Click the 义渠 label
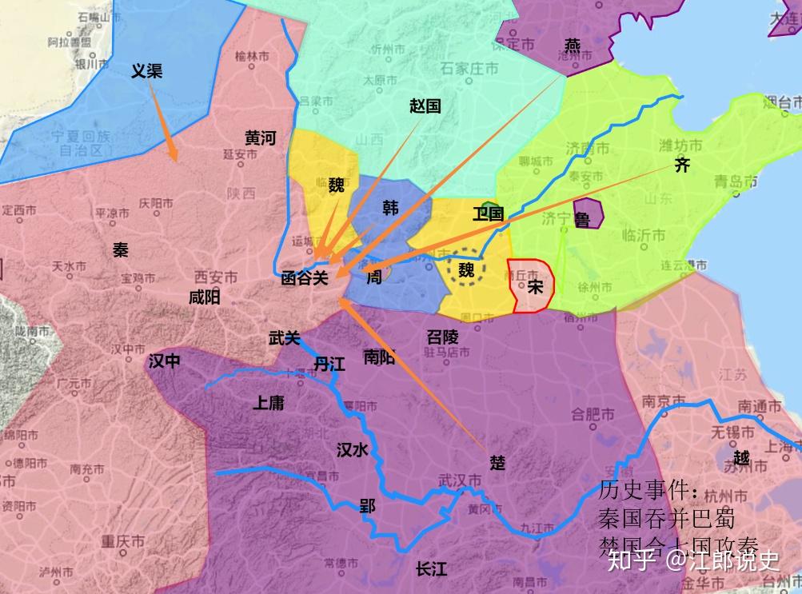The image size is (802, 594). [146, 71]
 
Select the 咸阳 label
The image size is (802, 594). [204, 298]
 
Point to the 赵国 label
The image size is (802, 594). [425, 106]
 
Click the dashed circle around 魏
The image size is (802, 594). [466, 270]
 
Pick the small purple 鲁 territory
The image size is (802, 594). [588, 213]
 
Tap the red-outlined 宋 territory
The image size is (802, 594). [531, 285]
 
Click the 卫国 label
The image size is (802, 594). [488, 213]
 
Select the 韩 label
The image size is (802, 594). [391, 209]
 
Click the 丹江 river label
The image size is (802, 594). [329, 365]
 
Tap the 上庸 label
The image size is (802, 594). [268, 403]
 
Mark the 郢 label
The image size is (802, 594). [367, 506]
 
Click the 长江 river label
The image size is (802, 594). [431, 569]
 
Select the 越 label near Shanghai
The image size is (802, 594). [741, 459]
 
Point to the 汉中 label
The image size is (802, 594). [165, 361]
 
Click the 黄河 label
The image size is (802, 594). [260, 138]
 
